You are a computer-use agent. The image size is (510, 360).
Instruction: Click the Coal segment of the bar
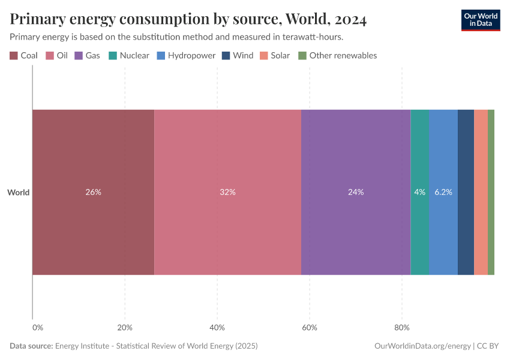pyautogui.click(x=93, y=192)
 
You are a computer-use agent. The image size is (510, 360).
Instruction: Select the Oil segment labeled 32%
pyautogui.click(x=227, y=192)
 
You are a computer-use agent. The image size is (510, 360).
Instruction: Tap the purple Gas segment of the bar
pyautogui.click(x=355, y=192)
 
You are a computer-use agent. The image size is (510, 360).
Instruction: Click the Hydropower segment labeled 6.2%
pyautogui.click(x=443, y=192)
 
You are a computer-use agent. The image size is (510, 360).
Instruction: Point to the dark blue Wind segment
pyautogui.click(x=466, y=192)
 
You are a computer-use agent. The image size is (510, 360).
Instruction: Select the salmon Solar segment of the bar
pyautogui.click(x=481, y=192)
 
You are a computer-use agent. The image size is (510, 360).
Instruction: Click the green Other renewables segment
pyautogui.click(x=491, y=192)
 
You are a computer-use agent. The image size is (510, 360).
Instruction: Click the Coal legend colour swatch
pyautogui.click(x=14, y=56)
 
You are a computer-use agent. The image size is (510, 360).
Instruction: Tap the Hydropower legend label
pyautogui.click(x=191, y=56)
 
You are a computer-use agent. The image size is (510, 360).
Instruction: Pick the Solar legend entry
pyautogui.click(x=280, y=56)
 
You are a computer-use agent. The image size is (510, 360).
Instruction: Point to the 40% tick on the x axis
pyautogui.click(x=217, y=328)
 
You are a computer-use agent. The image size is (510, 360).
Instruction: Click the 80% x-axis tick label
pyautogui.click(x=401, y=328)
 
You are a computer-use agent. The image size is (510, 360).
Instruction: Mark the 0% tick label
pyautogui.click(x=37, y=328)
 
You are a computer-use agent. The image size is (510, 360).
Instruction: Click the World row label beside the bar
pyautogui.click(x=18, y=193)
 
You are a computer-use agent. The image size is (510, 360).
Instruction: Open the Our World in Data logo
pyautogui.click(x=481, y=19)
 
